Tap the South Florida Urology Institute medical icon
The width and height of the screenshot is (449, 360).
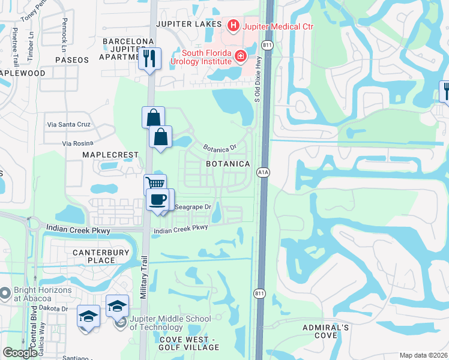[x=241, y=56]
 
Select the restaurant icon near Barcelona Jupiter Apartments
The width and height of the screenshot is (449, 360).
[x=150, y=59]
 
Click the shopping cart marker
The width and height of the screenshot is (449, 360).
[x=155, y=184]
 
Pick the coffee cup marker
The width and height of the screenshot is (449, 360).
[x=158, y=200]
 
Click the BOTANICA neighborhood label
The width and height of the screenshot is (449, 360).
[x=228, y=164]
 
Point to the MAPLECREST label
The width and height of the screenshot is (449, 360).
[x=110, y=155]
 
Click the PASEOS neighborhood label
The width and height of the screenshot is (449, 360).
[x=72, y=60]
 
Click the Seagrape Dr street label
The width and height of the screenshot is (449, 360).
[x=193, y=208]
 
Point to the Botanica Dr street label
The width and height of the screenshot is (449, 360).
[x=220, y=148]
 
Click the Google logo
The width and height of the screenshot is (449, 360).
[x=20, y=353]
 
